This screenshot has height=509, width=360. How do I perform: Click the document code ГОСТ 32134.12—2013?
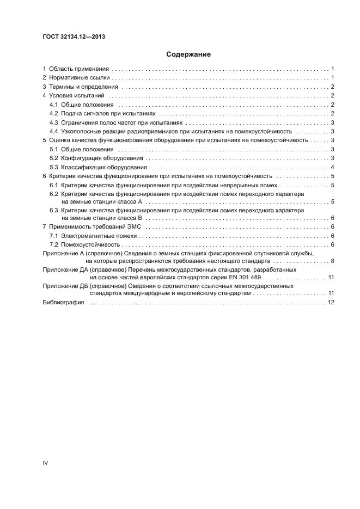74,37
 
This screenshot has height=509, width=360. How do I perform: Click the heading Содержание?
188,54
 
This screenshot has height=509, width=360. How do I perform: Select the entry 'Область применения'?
79,69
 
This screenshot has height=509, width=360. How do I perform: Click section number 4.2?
53,113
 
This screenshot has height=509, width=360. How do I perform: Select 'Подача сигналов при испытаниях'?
108,113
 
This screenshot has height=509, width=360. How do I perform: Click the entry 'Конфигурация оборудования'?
101,158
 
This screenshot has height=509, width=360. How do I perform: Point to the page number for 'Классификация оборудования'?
332,167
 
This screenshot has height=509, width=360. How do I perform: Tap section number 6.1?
53,185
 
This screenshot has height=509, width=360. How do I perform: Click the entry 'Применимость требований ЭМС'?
96,226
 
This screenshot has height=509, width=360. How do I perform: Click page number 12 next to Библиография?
331,302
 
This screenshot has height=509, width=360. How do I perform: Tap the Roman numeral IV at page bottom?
46,463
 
